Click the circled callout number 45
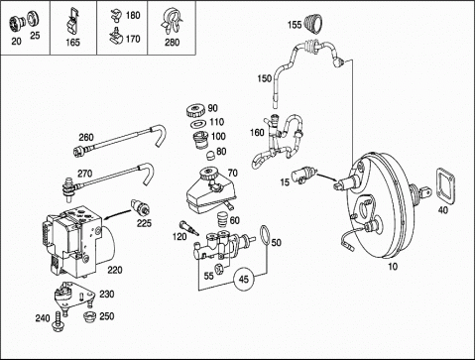244,280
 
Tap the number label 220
115,270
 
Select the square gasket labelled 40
446,184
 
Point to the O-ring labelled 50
265,237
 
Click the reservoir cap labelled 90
196,110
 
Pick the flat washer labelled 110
198,124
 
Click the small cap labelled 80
210,155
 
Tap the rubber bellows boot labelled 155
314,24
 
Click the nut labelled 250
89,317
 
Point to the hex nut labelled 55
219,269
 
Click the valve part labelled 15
303,175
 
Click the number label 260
86,137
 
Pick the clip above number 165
72,21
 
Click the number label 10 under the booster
393,266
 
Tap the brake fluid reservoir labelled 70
210,190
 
